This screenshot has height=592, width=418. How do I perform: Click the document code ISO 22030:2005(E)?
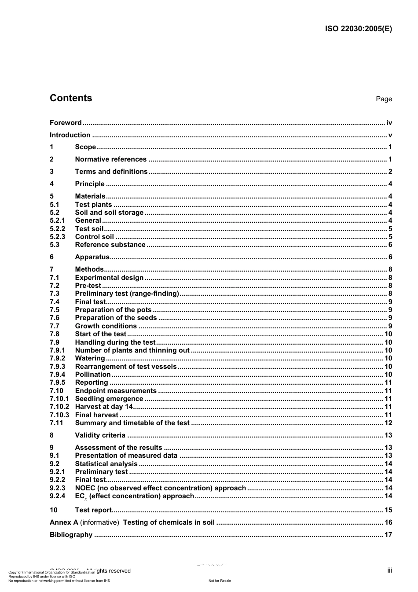[358, 29]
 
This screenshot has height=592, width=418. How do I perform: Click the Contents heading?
[71, 98]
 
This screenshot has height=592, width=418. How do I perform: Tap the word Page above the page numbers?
[384, 99]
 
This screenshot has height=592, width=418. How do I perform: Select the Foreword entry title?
[66, 123]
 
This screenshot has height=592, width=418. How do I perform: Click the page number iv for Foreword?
[389, 123]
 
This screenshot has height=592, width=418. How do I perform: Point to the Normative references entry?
[110, 159]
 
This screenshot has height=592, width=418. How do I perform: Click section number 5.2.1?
[57, 221]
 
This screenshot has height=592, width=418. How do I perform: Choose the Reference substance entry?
[110, 245]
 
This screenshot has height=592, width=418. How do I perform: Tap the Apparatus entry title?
[92, 257]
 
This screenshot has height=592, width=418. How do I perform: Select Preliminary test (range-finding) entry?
[127, 294]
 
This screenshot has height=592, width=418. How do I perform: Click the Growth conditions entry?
[106, 326]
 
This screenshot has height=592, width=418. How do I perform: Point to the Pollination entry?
[93, 375]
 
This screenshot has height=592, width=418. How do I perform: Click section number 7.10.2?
[59, 407]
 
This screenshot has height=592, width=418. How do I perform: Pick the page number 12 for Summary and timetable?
[388, 423]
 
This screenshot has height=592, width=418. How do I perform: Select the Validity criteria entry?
[100, 435]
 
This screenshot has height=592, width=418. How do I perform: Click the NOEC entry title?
[160, 488]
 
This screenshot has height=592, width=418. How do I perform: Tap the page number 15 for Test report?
[388, 510]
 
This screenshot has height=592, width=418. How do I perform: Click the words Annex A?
[64, 522]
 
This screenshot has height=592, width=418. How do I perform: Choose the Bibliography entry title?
[71, 535]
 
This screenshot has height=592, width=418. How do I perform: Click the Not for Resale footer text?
[220, 581]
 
